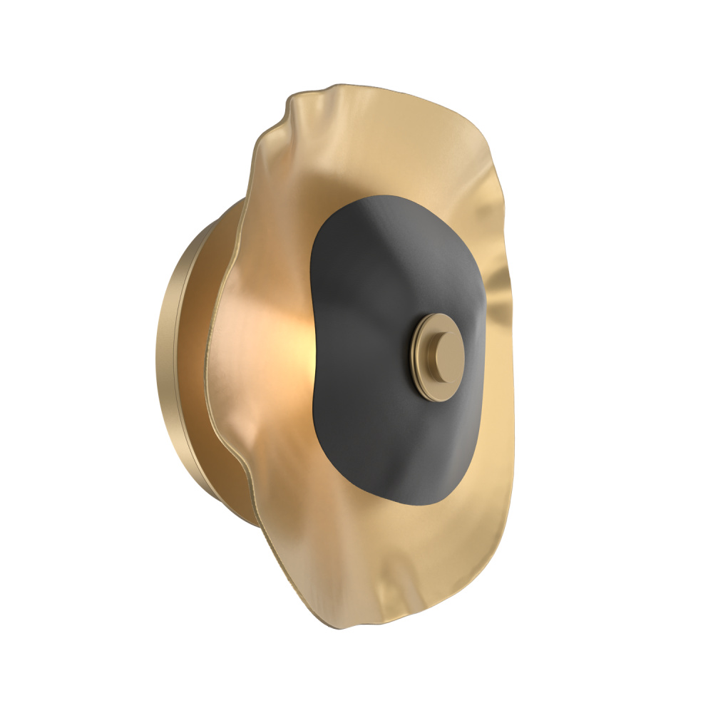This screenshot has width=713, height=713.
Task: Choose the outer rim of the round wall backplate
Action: click(163, 356)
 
